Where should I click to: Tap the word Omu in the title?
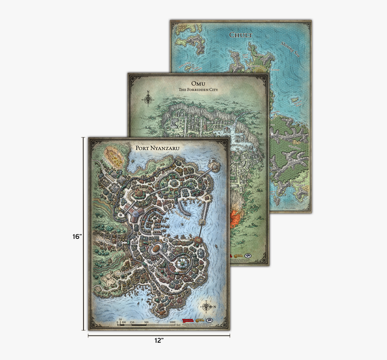point(199,82)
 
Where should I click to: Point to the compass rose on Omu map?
point(148,99)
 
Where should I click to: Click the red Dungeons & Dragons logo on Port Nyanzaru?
point(188,320)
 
